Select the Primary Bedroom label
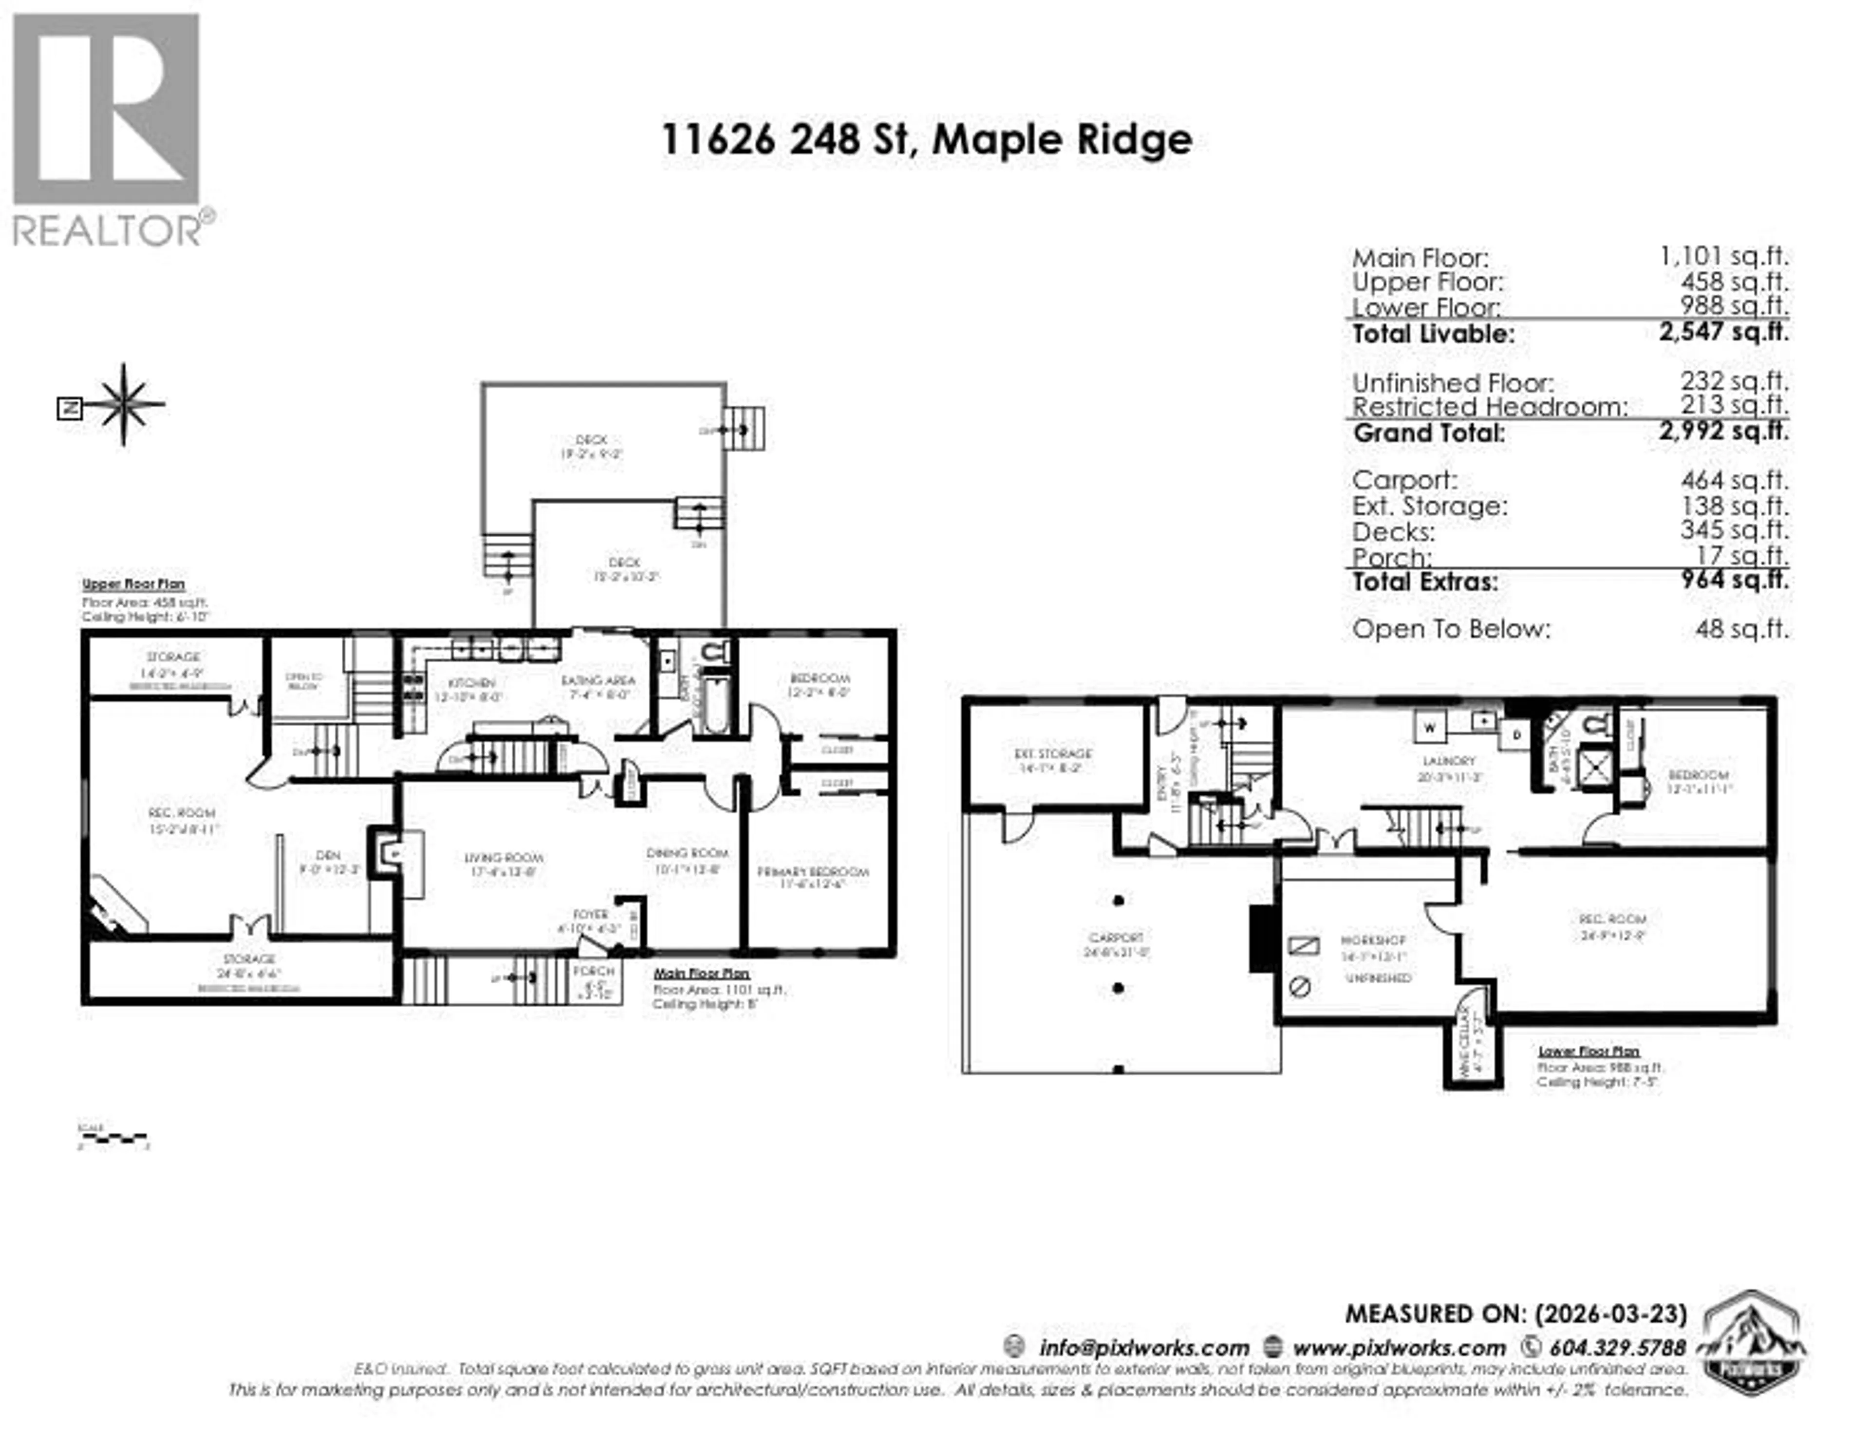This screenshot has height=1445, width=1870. click(x=813, y=872)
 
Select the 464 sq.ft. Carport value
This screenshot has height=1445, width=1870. click(x=1734, y=481)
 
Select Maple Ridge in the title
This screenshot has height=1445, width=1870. click(x=1062, y=140)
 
